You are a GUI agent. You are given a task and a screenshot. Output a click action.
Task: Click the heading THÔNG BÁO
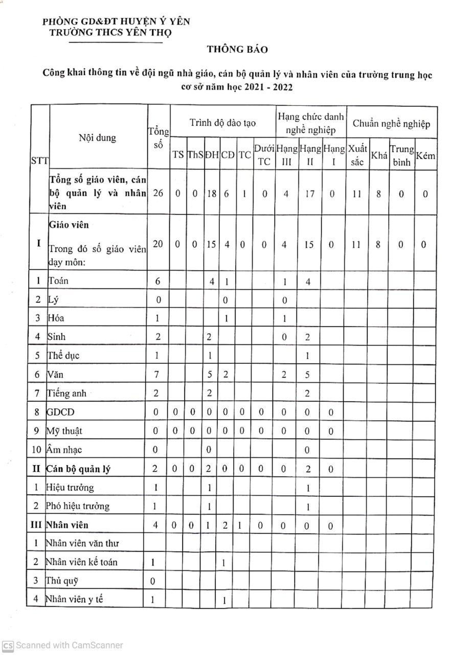point(237,49)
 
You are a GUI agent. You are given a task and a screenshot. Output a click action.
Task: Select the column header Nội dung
point(97,138)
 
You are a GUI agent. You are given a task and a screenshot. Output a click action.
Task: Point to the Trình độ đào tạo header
point(222,123)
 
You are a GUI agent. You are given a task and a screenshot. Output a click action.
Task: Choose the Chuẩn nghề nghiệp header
point(391,124)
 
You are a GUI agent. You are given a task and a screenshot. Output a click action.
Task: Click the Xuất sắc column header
point(357,155)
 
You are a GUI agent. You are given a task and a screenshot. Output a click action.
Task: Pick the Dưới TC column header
point(264,155)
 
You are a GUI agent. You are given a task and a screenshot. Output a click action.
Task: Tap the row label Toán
point(58,280)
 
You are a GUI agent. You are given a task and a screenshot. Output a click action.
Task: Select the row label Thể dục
point(64,355)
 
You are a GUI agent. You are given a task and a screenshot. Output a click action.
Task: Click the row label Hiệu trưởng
point(70,487)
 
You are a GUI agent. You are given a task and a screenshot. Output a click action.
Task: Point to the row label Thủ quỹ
point(62,581)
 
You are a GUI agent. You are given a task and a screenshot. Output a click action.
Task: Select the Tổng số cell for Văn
point(157,375)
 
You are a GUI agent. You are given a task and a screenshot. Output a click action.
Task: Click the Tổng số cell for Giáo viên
point(158,245)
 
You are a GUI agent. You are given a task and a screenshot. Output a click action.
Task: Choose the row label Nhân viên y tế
point(74,599)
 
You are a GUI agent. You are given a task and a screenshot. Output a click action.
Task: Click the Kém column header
point(425,155)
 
